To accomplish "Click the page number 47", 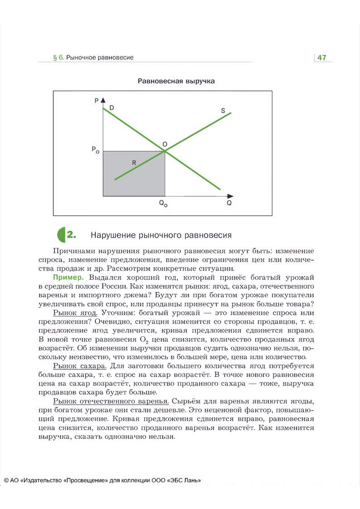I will coord(322,58).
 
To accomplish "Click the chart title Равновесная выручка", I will coord(176,81).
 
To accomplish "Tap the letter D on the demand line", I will coord(112,107).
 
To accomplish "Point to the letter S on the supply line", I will coord(223,110).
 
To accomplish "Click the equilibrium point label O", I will coord(165,144).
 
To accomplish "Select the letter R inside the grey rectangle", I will coord(134,162).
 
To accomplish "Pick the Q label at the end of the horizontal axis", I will coord(229,203).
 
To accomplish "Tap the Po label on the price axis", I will coord(95,150).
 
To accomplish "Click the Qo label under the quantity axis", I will coord(163,204).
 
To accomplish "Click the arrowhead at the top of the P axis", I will coord(103,100).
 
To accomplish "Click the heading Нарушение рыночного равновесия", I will coord(161,235).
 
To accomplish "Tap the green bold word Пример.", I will coord(69,277).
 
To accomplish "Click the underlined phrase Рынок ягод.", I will coord(75,313).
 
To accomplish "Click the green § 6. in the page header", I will coord(58,58).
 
